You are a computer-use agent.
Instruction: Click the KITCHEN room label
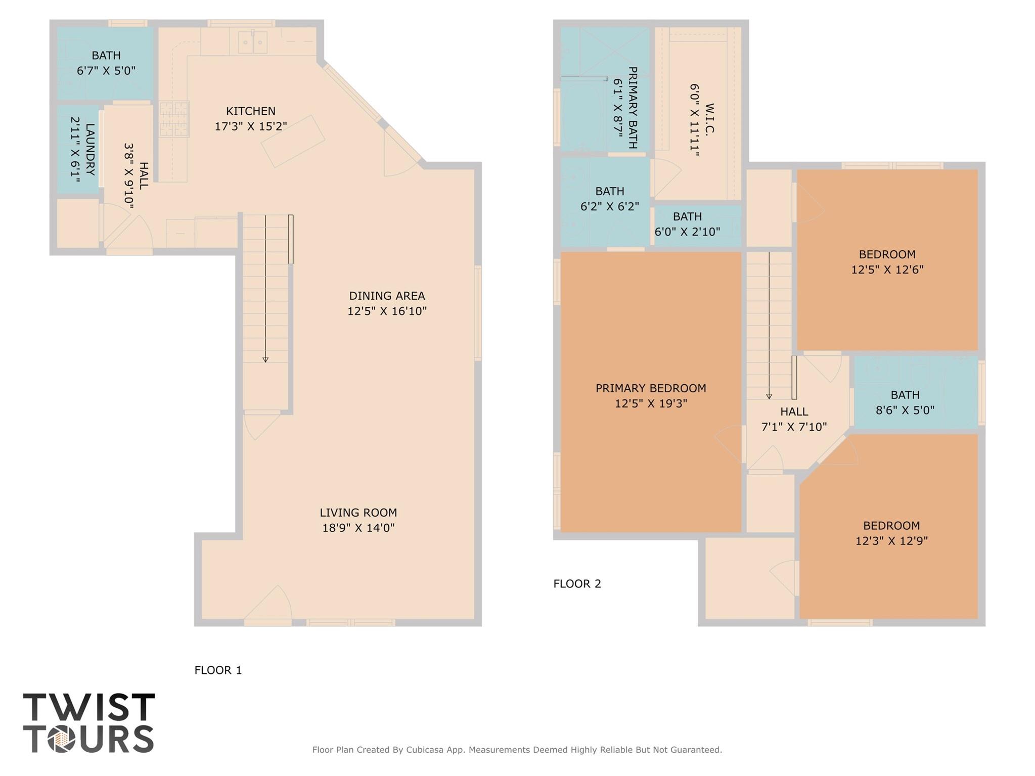coord(250,111)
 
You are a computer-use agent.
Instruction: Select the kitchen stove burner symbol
coord(174,119)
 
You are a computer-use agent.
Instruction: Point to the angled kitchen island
coord(293,141)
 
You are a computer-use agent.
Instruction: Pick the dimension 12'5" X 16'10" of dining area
coord(387,311)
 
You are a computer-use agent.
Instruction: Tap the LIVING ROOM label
coord(358,513)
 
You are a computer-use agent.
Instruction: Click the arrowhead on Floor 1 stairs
coord(265,359)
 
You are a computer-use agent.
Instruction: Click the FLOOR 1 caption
coord(218,670)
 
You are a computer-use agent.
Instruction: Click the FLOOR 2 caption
coord(577,583)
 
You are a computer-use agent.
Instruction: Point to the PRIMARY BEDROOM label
coord(650,388)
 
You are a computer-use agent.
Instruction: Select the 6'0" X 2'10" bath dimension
coord(687,232)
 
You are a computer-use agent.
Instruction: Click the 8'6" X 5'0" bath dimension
coord(905,410)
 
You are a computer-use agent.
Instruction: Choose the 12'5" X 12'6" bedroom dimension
coord(887,269)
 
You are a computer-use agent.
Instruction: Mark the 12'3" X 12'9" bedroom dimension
coord(891,540)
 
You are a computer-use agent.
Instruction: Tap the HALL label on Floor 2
coord(794,412)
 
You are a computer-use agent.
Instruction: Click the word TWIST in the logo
coord(89,707)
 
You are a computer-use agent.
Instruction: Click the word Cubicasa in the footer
coord(426,750)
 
